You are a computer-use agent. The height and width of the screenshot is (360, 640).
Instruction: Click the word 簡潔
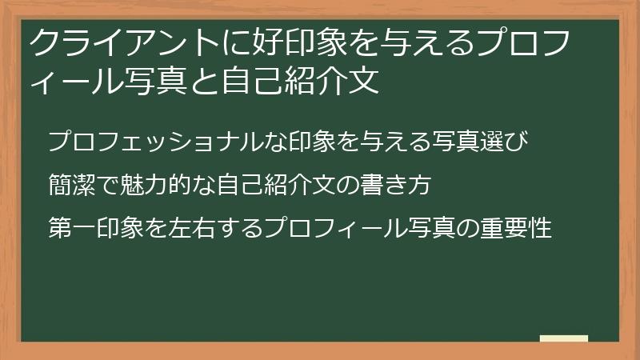click(x=73, y=186)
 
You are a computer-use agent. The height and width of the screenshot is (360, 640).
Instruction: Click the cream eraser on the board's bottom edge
click(x=563, y=338)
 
